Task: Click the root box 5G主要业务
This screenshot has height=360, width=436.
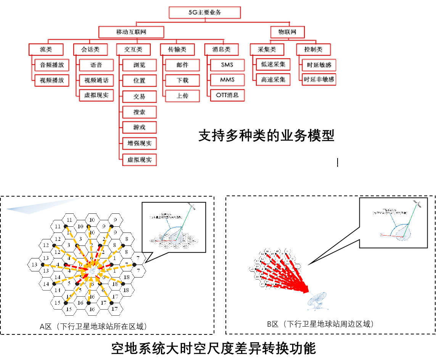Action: coord(204,13)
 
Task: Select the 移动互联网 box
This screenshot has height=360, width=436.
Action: coord(131,32)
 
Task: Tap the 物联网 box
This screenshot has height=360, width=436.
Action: coord(287,32)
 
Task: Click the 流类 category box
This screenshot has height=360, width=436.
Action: coord(46,49)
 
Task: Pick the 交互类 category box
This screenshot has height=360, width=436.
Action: coord(133,49)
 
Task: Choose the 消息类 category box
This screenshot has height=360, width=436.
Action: coord(221,49)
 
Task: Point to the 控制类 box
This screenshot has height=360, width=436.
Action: coord(313,49)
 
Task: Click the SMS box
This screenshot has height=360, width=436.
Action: coord(227,65)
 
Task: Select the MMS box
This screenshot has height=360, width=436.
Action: coord(227,80)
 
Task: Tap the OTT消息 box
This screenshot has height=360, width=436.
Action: coord(227,95)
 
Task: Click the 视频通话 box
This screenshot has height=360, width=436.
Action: coord(96,80)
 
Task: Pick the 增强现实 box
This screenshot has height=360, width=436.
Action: coord(139,144)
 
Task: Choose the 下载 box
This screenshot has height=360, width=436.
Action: coord(182,80)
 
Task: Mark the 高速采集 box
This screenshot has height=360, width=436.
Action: coord(273,79)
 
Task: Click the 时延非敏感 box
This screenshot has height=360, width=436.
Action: coord(319,79)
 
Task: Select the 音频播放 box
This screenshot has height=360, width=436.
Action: coord(52,65)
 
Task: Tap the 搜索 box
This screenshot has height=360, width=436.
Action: coord(139,112)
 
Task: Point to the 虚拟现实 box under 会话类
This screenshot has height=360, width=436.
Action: coord(96,95)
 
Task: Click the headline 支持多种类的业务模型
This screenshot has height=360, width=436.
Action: coord(266,136)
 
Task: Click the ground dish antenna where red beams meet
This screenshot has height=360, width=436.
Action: coord(318,301)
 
